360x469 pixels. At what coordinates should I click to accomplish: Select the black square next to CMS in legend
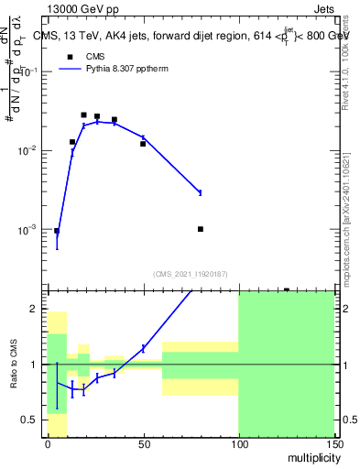[68, 56]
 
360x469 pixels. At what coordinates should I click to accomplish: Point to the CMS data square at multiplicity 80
[200, 229]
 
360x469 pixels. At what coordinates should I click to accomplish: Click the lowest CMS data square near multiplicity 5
[56, 231]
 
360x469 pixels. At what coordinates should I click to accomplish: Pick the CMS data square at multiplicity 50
[143, 144]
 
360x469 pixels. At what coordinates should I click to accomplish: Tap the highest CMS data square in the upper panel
[83, 115]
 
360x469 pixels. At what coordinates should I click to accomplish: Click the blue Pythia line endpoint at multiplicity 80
[200, 192]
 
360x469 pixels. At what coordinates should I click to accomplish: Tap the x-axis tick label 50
[142, 444]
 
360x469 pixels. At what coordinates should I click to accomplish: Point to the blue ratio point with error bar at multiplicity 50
[143, 348]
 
